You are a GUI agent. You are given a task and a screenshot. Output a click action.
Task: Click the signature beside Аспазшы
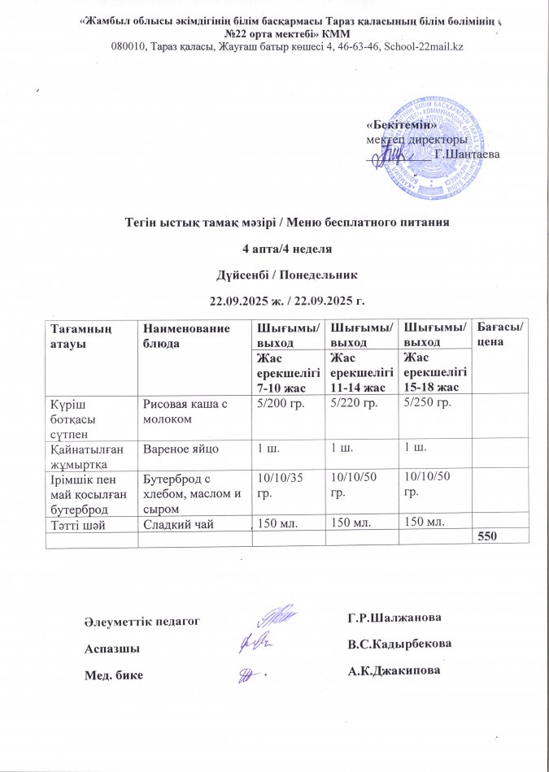pos(254,644)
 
